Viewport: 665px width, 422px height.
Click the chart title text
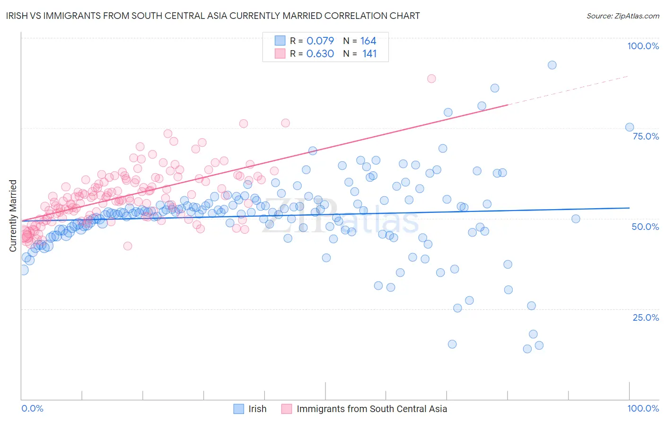[x=212, y=16]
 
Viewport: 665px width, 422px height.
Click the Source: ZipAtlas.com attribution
[x=622, y=16]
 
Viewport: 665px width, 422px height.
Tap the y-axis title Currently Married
[x=13, y=216]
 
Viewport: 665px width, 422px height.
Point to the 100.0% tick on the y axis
[x=643, y=46]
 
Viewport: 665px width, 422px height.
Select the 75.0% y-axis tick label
[x=646, y=136]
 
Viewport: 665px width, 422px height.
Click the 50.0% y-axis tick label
[x=645, y=227]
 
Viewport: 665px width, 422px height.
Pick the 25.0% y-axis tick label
[x=646, y=317]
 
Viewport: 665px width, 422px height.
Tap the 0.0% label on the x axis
[x=32, y=408]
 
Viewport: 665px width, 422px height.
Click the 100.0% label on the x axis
[x=643, y=408]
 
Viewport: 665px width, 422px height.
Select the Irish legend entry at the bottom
[x=257, y=409]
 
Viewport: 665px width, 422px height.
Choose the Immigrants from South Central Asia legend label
[x=372, y=409]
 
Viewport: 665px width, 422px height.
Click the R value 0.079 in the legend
[x=320, y=41]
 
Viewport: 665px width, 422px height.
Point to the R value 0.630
[x=320, y=54]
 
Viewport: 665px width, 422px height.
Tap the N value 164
[x=368, y=41]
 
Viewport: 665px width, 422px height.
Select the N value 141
[x=369, y=54]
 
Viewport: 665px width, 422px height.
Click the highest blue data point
[x=552, y=65]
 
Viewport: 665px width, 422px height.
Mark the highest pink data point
[x=431, y=79]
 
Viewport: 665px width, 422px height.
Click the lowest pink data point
[x=127, y=246]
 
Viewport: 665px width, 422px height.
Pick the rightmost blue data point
[x=630, y=127]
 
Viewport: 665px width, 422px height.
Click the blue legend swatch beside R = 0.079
[x=280, y=41]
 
